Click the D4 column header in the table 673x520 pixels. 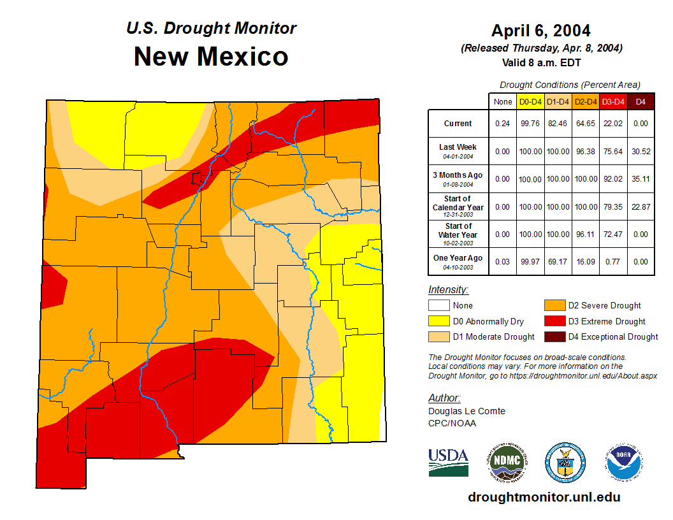[x=640, y=101]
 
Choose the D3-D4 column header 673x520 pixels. [x=613, y=101]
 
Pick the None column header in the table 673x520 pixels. [x=502, y=101]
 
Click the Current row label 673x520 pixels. [x=458, y=124]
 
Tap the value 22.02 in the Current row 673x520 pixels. [x=613, y=124]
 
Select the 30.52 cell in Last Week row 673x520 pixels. [x=640, y=152]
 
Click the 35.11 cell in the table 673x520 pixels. [x=640, y=179]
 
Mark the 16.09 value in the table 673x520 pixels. [x=585, y=261]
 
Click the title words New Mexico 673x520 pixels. [x=211, y=57]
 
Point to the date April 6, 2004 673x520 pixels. [x=541, y=31]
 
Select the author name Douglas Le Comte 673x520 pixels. [x=467, y=411]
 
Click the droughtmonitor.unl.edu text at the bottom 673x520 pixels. [x=544, y=497]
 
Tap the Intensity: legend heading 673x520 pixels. [x=448, y=290]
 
